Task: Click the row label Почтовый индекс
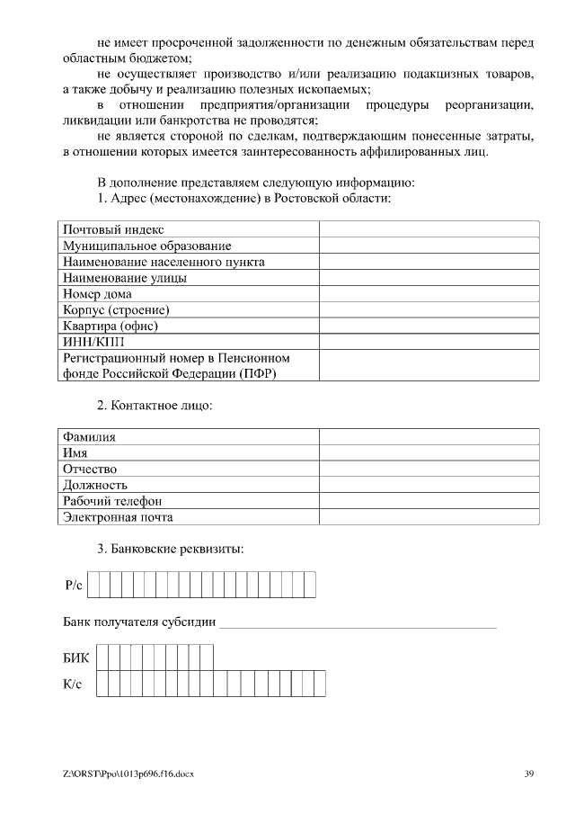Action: coord(113,230)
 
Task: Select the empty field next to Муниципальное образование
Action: coord(429,246)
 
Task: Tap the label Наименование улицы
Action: coord(125,278)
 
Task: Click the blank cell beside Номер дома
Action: coord(429,294)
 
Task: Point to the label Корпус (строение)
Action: coord(116,310)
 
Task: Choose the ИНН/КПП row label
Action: coord(94,342)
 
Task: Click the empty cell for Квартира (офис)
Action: coord(429,326)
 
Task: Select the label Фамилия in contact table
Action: coord(89,437)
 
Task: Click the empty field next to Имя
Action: coord(429,453)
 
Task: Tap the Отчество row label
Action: coord(90,470)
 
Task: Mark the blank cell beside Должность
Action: coord(429,486)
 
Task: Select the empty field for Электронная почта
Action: coord(429,517)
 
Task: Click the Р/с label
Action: coord(74,586)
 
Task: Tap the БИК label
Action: coord(75,657)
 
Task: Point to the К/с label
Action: coord(73,684)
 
